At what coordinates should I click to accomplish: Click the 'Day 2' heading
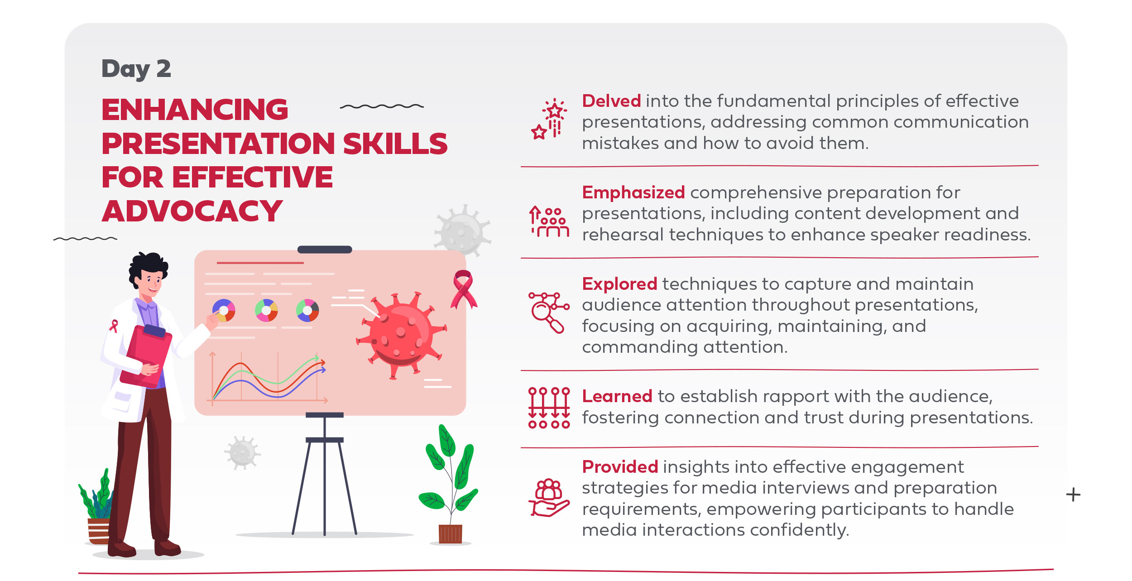136,69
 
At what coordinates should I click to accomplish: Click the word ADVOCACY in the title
192,211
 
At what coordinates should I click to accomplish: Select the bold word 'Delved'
611,101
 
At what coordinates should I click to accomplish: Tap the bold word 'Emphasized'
633,192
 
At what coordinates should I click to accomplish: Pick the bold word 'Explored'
619,284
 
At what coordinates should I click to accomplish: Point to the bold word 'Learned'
617,396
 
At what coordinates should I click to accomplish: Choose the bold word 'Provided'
620,467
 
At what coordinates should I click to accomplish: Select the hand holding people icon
549,498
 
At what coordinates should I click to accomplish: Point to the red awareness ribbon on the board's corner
463,290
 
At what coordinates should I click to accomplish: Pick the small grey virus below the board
243,452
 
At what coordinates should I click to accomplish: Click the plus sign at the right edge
1073,495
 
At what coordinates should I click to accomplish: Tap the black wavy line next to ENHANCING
382,106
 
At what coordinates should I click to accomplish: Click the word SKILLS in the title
395,144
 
